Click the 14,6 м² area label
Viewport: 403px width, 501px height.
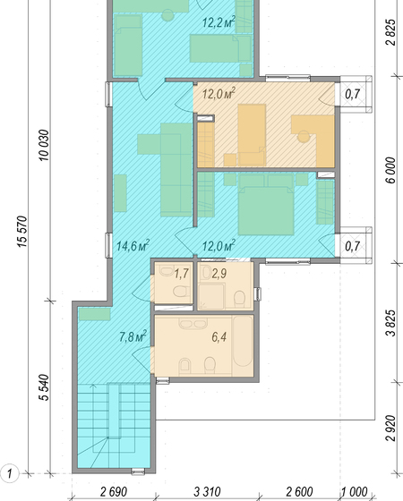point(133,246)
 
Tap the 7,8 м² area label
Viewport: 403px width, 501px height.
point(133,336)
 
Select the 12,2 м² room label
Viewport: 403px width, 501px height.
point(219,22)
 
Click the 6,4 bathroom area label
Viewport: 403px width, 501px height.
point(219,336)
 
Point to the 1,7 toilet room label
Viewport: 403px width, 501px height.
point(181,274)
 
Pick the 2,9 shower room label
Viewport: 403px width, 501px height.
point(219,274)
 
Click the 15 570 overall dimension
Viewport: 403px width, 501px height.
point(22,232)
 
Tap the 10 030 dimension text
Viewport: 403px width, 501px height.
point(44,145)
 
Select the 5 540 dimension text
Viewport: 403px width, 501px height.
point(44,387)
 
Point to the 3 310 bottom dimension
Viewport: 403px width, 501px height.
point(207,492)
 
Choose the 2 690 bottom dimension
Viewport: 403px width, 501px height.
point(114,492)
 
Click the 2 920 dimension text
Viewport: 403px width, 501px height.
point(390,429)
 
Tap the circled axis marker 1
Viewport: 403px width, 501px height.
point(10,473)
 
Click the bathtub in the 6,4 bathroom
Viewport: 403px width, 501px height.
point(243,345)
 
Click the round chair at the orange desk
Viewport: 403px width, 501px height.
point(304,137)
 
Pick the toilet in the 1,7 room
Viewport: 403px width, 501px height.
point(181,292)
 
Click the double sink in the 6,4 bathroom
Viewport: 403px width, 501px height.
point(193,324)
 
